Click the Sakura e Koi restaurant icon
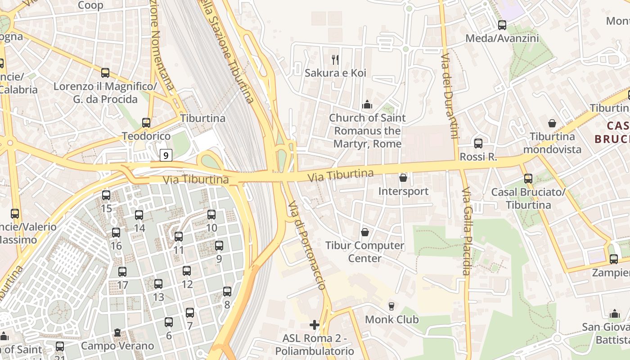pos(335,59)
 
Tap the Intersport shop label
pos(403,191)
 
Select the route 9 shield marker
pos(166,156)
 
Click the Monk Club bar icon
pos(391,306)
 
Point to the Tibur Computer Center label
pos(365,252)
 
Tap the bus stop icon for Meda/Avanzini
pos(502,25)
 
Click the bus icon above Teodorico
pos(146,122)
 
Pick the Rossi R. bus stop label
pos(478,157)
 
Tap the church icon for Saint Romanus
pos(367,105)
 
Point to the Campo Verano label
pos(117,346)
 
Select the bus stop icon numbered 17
pos(122,272)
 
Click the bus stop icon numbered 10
pos(211,215)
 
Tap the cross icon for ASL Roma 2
pos(315,324)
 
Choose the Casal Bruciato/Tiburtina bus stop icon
pos(528,179)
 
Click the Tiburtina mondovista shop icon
pos(552,123)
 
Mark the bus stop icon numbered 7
pos(190,312)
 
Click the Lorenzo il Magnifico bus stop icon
pos(105,72)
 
